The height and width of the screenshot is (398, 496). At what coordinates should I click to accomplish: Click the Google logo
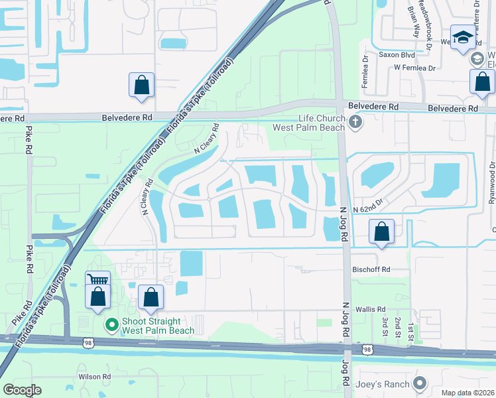[23, 390]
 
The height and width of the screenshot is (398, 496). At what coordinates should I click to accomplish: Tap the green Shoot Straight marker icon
[111, 324]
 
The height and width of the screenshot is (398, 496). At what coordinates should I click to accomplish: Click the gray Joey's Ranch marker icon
[418, 383]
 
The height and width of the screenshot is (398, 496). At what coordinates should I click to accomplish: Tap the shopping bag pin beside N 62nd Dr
[381, 233]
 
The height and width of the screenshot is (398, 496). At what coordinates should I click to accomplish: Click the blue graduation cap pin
[462, 36]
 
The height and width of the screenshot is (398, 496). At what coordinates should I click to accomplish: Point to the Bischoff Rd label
[371, 270]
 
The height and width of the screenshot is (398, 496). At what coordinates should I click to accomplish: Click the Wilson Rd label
[94, 377]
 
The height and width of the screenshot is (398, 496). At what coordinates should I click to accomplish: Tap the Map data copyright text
[468, 393]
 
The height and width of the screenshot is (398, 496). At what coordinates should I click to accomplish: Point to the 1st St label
[412, 330]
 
